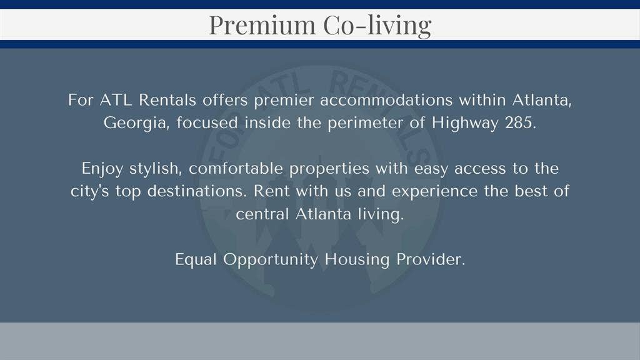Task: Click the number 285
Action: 519,122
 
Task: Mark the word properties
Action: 342,169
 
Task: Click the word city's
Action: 91,191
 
